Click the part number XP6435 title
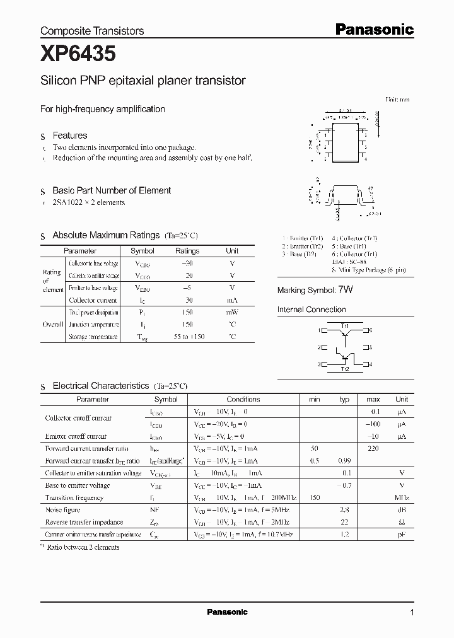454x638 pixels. point(78,55)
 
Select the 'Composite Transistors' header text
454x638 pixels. point(92,30)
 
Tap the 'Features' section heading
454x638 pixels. point(69,136)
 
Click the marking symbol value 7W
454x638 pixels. point(346,290)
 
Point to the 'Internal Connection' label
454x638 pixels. point(311,310)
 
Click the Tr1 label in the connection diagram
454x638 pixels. point(345,324)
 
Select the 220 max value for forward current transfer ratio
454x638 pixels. point(373,448)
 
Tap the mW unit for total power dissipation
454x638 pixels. point(232,313)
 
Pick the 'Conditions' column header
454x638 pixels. point(243,399)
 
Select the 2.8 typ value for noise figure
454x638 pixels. point(344,510)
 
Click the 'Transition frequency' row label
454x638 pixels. point(74,497)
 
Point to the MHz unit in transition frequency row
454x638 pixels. point(401,497)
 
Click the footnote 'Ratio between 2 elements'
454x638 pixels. point(82,547)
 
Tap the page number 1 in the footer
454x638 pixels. point(412,612)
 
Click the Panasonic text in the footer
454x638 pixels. point(227,612)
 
